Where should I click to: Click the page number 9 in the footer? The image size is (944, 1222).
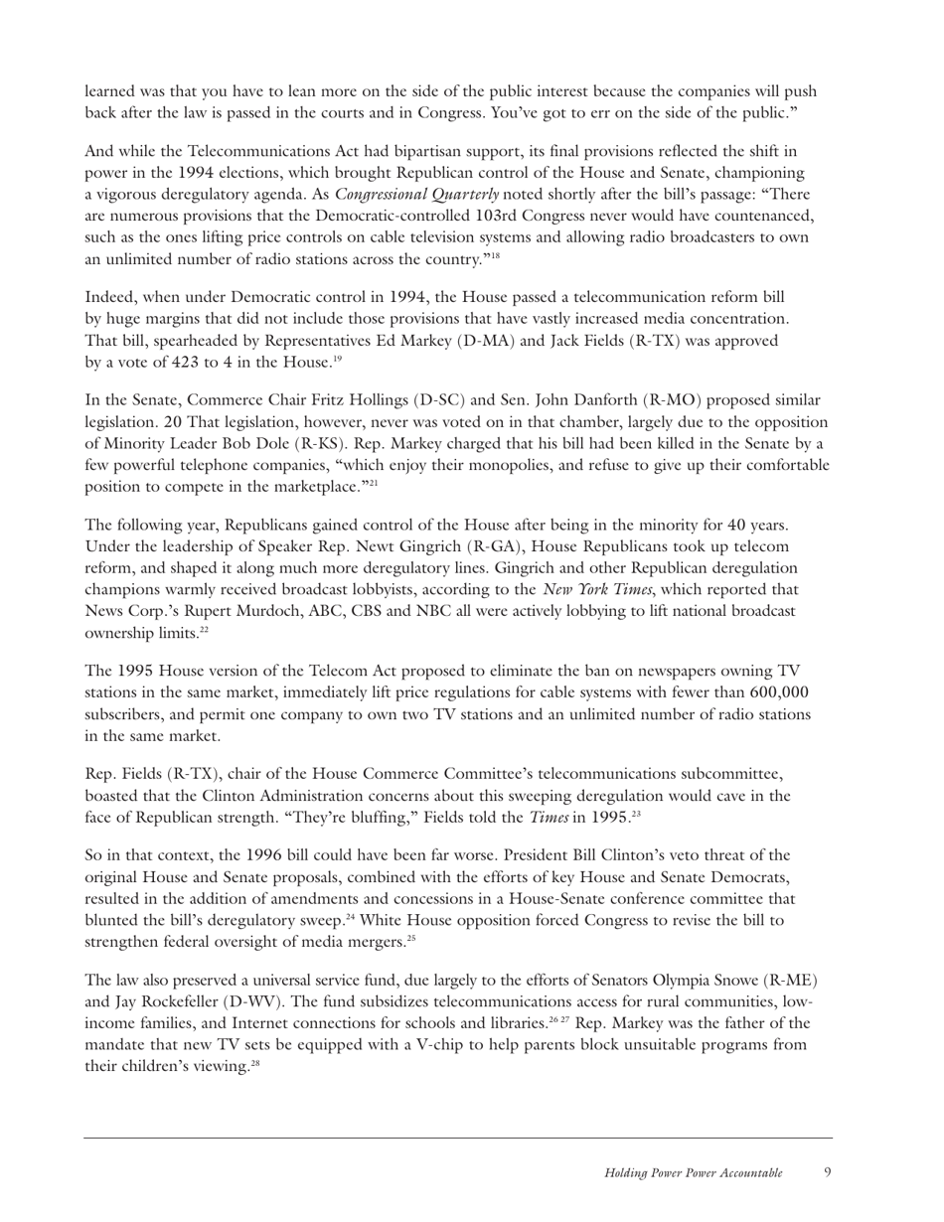[x=828, y=1172]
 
